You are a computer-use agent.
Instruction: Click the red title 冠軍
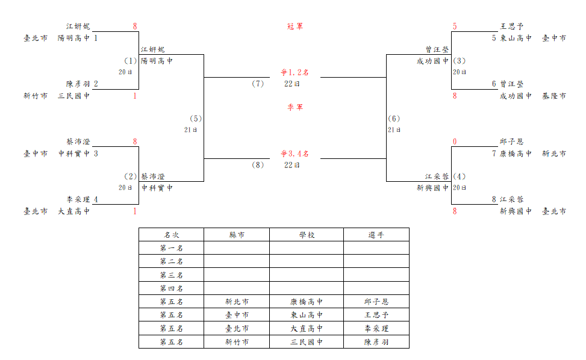tap(295, 26)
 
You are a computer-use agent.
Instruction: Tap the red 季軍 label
tap(295, 107)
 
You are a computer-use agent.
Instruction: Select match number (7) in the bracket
tap(258, 84)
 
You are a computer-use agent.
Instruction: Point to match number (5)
tap(196, 119)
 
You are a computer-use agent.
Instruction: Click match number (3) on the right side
tap(460, 60)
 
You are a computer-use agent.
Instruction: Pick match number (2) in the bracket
tap(131, 176)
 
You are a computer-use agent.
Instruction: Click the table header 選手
tap(376, 235)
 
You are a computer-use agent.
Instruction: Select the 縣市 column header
tap(237, 235)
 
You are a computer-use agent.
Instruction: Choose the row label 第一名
tap(171, 248)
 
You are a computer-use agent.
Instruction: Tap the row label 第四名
tap(171, 288)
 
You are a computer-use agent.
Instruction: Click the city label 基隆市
tap(554, 96)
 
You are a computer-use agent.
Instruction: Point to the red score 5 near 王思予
tap(455, 26)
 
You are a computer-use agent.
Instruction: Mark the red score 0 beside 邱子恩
tap(455, 141)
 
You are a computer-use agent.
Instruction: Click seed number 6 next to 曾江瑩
tap(494, 84)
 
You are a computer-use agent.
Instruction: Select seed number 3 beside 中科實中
tap(96, 154)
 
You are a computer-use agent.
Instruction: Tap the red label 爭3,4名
tap(295, 154)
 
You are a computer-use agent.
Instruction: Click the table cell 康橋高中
tap(307, 302)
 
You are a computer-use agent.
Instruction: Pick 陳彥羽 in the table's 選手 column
tap(376, 342)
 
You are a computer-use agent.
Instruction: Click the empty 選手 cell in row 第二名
tap(376, 261)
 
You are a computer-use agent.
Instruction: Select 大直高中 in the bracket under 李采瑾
tap(73, 211)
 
